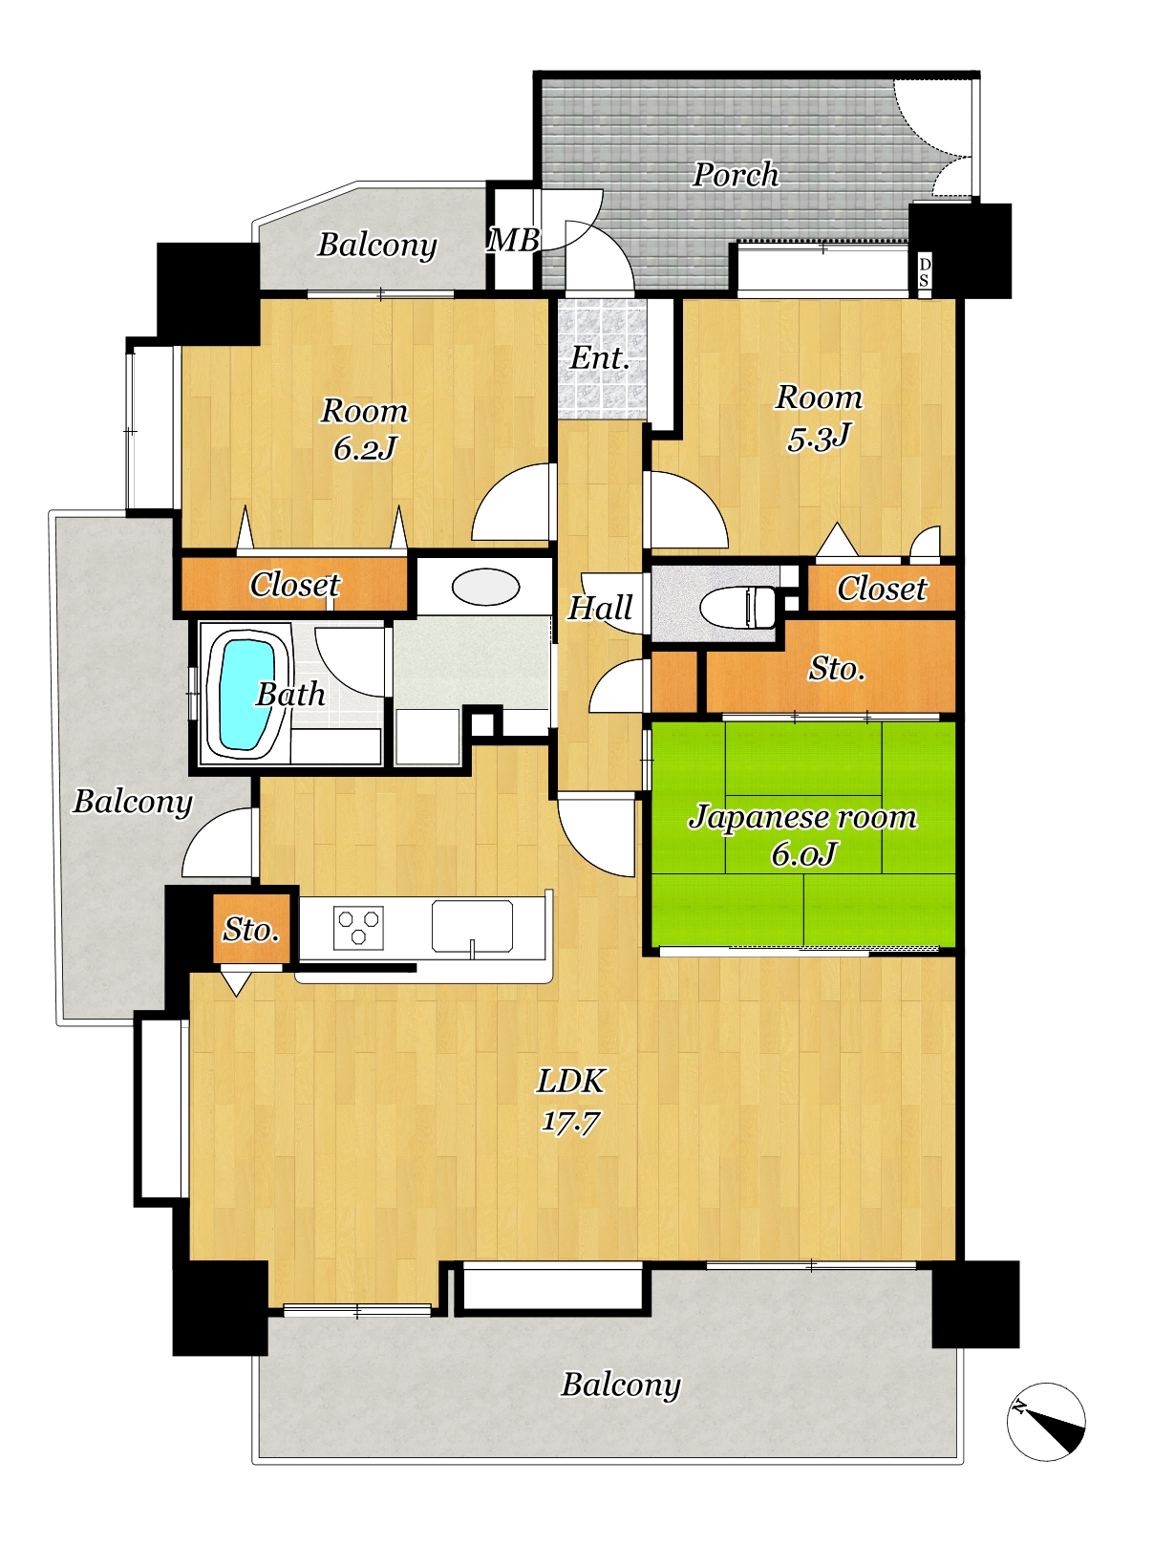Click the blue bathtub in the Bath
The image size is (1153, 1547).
coord(246,695)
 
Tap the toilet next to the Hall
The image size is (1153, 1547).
coord(738,606)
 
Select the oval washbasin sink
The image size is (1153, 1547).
coord(485,587)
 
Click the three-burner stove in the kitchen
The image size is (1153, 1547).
coord(358,928)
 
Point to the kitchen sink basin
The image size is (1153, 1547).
coord(472,925)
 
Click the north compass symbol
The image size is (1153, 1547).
coord(1046,1422)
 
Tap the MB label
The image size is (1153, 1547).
coord(513,241)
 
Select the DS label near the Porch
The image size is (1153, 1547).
coord(924,272)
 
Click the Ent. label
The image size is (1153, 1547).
coord(599,358)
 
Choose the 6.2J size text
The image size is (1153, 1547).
coord(365,448)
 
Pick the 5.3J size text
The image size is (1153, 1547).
coord(820,437)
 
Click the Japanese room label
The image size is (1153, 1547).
coord(803,817)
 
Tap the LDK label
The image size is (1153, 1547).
coord(570,1081)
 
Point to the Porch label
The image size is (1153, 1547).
coord(736,174)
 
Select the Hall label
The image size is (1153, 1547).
coord(600,608)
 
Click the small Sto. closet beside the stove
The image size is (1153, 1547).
coord(251,929)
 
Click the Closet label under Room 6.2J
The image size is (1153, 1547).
coord(295,584)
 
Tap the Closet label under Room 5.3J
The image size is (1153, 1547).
coord(882,589)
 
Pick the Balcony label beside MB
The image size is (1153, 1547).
coord(377,246)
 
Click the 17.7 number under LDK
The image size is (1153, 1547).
coord(570,1121)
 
